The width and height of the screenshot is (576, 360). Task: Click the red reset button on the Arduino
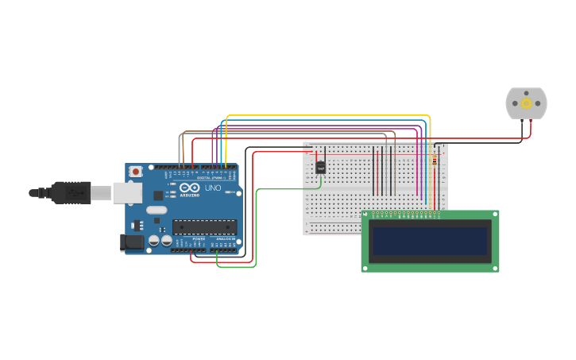136,171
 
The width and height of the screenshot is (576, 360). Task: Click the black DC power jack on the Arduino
130,242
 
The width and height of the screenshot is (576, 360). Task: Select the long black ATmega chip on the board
204,227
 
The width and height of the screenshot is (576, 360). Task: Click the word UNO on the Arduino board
213,188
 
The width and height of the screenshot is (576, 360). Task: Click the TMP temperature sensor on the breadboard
321,167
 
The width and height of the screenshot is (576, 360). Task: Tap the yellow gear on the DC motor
526,103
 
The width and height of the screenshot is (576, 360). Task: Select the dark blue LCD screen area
430,241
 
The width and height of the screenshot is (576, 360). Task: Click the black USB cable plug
71,192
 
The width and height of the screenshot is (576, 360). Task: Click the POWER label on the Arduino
199,238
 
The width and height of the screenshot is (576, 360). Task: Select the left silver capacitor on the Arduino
154,240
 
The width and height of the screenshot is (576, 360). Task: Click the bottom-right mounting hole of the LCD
495,268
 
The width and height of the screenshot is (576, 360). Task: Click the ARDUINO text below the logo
190,195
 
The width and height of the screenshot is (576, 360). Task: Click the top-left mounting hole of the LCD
366,215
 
